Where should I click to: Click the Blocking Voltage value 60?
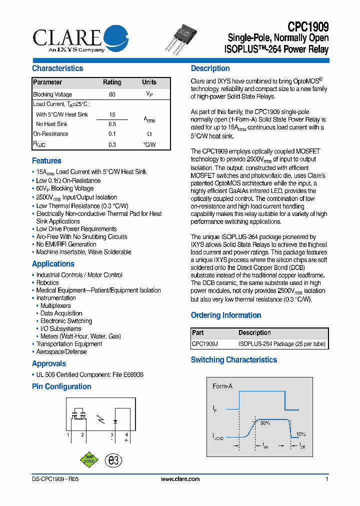(x=112, y=94)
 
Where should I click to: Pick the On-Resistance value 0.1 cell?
(x=112, y=134)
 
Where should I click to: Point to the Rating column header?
(x=112, y=82)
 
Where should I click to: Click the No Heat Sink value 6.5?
(x=112, y=124)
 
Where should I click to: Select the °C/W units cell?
(x=149, y=145)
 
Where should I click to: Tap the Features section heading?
(x=46, y=161)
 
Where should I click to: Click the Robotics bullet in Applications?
(x=47, y=282)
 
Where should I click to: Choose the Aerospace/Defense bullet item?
(x=61, y=351)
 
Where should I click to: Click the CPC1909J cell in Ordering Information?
(x=205, y=344)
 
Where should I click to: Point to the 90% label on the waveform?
(x=264, y=423)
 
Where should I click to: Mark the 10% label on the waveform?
(x=300, y=434)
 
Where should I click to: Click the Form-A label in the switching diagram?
(x=222, y=386)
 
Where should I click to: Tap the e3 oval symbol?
(x=114, y=460)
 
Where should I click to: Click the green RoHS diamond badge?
(x=88, y=460)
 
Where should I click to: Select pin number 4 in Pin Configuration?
(x=126, y=435)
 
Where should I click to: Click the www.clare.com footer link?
(x=180, y=479)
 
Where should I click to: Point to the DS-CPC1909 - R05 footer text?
(x=51, y=479)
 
